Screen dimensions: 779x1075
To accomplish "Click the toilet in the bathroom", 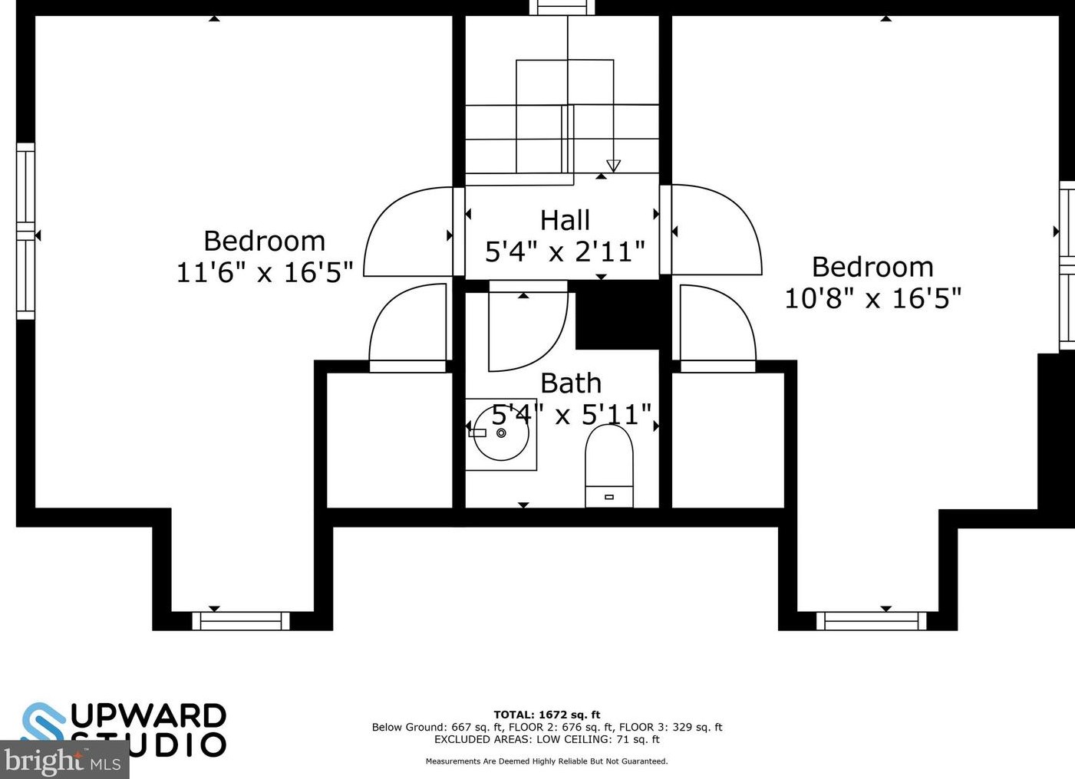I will (609, 465).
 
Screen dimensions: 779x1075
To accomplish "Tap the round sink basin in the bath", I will (501, 433).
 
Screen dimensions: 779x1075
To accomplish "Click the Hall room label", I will (565, 221).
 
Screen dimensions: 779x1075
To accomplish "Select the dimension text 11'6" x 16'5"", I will (265, 272).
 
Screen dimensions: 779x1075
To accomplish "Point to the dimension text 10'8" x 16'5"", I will (872, 298).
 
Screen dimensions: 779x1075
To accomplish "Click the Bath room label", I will (571, 383).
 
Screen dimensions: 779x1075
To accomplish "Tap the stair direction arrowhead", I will (613, 166).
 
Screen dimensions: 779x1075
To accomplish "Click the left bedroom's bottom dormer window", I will (241, 620).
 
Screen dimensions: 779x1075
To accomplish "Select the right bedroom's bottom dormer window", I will (871, 620).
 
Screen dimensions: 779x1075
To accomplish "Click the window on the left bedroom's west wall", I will (26, 231).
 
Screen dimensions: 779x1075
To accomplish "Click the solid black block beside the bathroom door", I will (618, 314).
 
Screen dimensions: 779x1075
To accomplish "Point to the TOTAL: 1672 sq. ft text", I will (546, 715).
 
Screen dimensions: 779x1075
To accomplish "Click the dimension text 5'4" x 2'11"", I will (565, 251).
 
